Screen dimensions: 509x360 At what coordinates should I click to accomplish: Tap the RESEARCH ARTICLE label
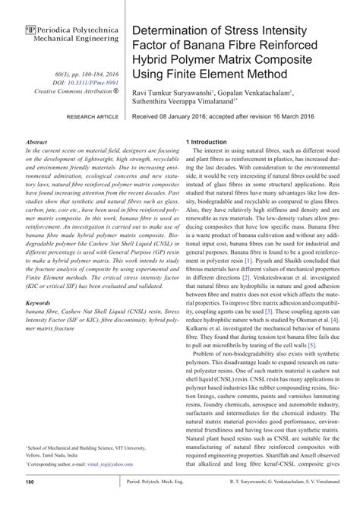[x=93, y=118]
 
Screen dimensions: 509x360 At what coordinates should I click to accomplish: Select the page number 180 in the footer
[x=31, y=482]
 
